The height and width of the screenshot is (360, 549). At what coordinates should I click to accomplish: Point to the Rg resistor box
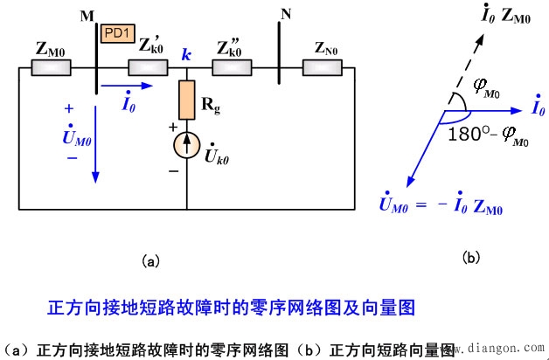click(187, 100)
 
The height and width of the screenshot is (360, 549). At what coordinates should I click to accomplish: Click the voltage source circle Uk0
click(187, 146)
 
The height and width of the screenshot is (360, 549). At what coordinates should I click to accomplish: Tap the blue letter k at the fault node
click(185, 54)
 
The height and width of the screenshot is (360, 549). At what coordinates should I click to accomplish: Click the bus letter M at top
click(86, 17)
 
